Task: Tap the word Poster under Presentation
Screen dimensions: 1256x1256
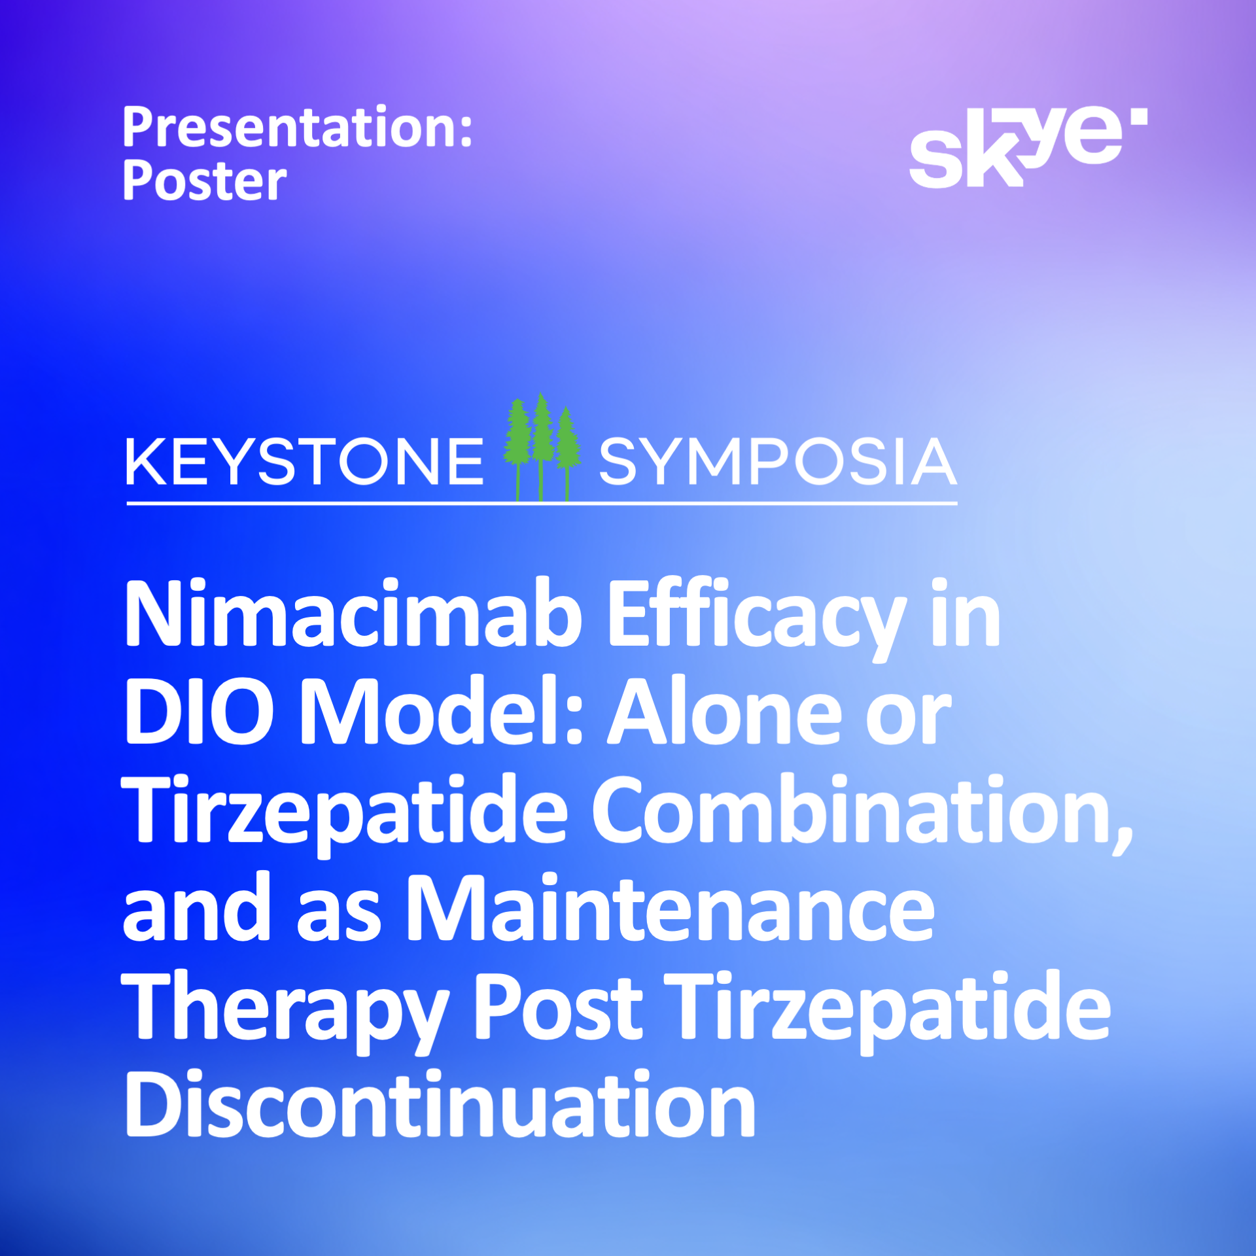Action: pyautogui.click(x=205, y=181)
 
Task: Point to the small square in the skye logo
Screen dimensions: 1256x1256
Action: pyautogui.click(x=1139, y=116)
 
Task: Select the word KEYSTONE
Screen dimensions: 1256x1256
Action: pyautogui.click(x=305, y=462)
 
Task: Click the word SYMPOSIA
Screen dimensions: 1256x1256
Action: pyautogui.click(x=778, y=462)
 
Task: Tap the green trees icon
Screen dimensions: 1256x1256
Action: pyautogui.click(x=542, y=447)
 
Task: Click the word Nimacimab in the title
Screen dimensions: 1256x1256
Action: pyautogui.click(x=353, y=616)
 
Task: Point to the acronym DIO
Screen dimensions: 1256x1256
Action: pyautogui.click(x=199, y=712)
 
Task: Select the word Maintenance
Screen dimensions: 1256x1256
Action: pyautogui.click(x=671, y=908)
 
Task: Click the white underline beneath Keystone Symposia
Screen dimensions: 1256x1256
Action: pyautogui.click(x=542, y=504)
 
